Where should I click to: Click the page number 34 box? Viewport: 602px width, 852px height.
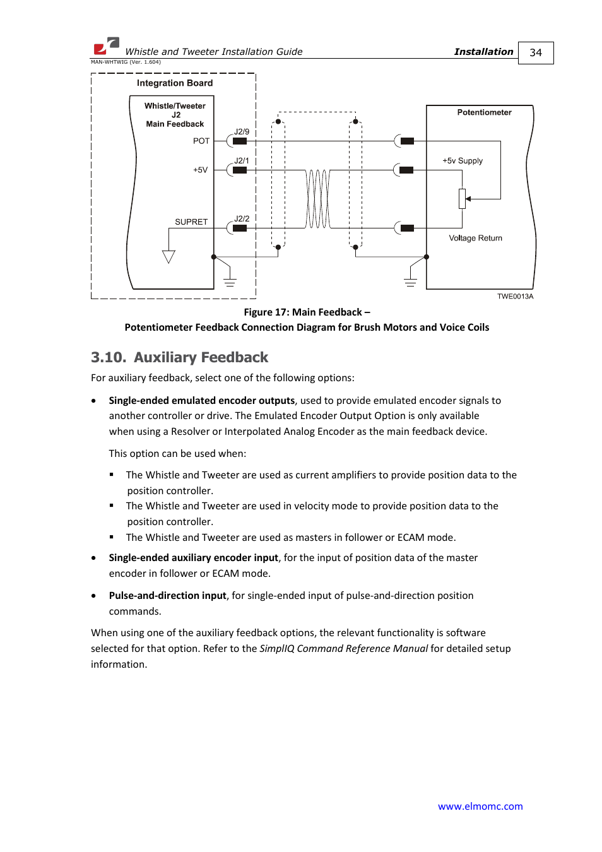pos(536,53)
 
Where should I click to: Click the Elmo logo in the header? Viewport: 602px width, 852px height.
pos(106,45)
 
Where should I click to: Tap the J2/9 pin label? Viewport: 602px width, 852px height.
pos(242,132)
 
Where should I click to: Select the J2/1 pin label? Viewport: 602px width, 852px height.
pos(242,161)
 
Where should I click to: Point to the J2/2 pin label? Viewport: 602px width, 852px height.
pos(242,219)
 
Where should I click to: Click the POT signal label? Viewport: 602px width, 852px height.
pos(201,141)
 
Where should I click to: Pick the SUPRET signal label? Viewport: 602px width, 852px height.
pos(191,222)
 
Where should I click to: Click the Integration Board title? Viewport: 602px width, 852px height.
pos(175,83)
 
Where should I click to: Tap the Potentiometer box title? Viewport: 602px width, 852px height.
pos(484,112)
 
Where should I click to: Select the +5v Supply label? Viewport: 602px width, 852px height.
pos(463,161)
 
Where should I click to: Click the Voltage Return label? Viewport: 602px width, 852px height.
pos(475,239)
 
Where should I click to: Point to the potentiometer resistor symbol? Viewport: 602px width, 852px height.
pos(462,199)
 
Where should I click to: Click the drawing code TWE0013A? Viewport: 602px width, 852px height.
pos(515,297)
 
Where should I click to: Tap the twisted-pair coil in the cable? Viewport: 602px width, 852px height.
pos(318,199)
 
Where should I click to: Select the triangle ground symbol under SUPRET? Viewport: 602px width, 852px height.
pos(168,256)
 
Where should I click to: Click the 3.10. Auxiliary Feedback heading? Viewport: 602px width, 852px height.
pos(179,358)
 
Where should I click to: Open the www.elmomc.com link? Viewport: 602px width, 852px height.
pos(480,807)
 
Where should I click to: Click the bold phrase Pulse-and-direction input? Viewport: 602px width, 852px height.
pos(167,596)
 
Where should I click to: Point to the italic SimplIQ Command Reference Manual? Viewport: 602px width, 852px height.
pos(343,649)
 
